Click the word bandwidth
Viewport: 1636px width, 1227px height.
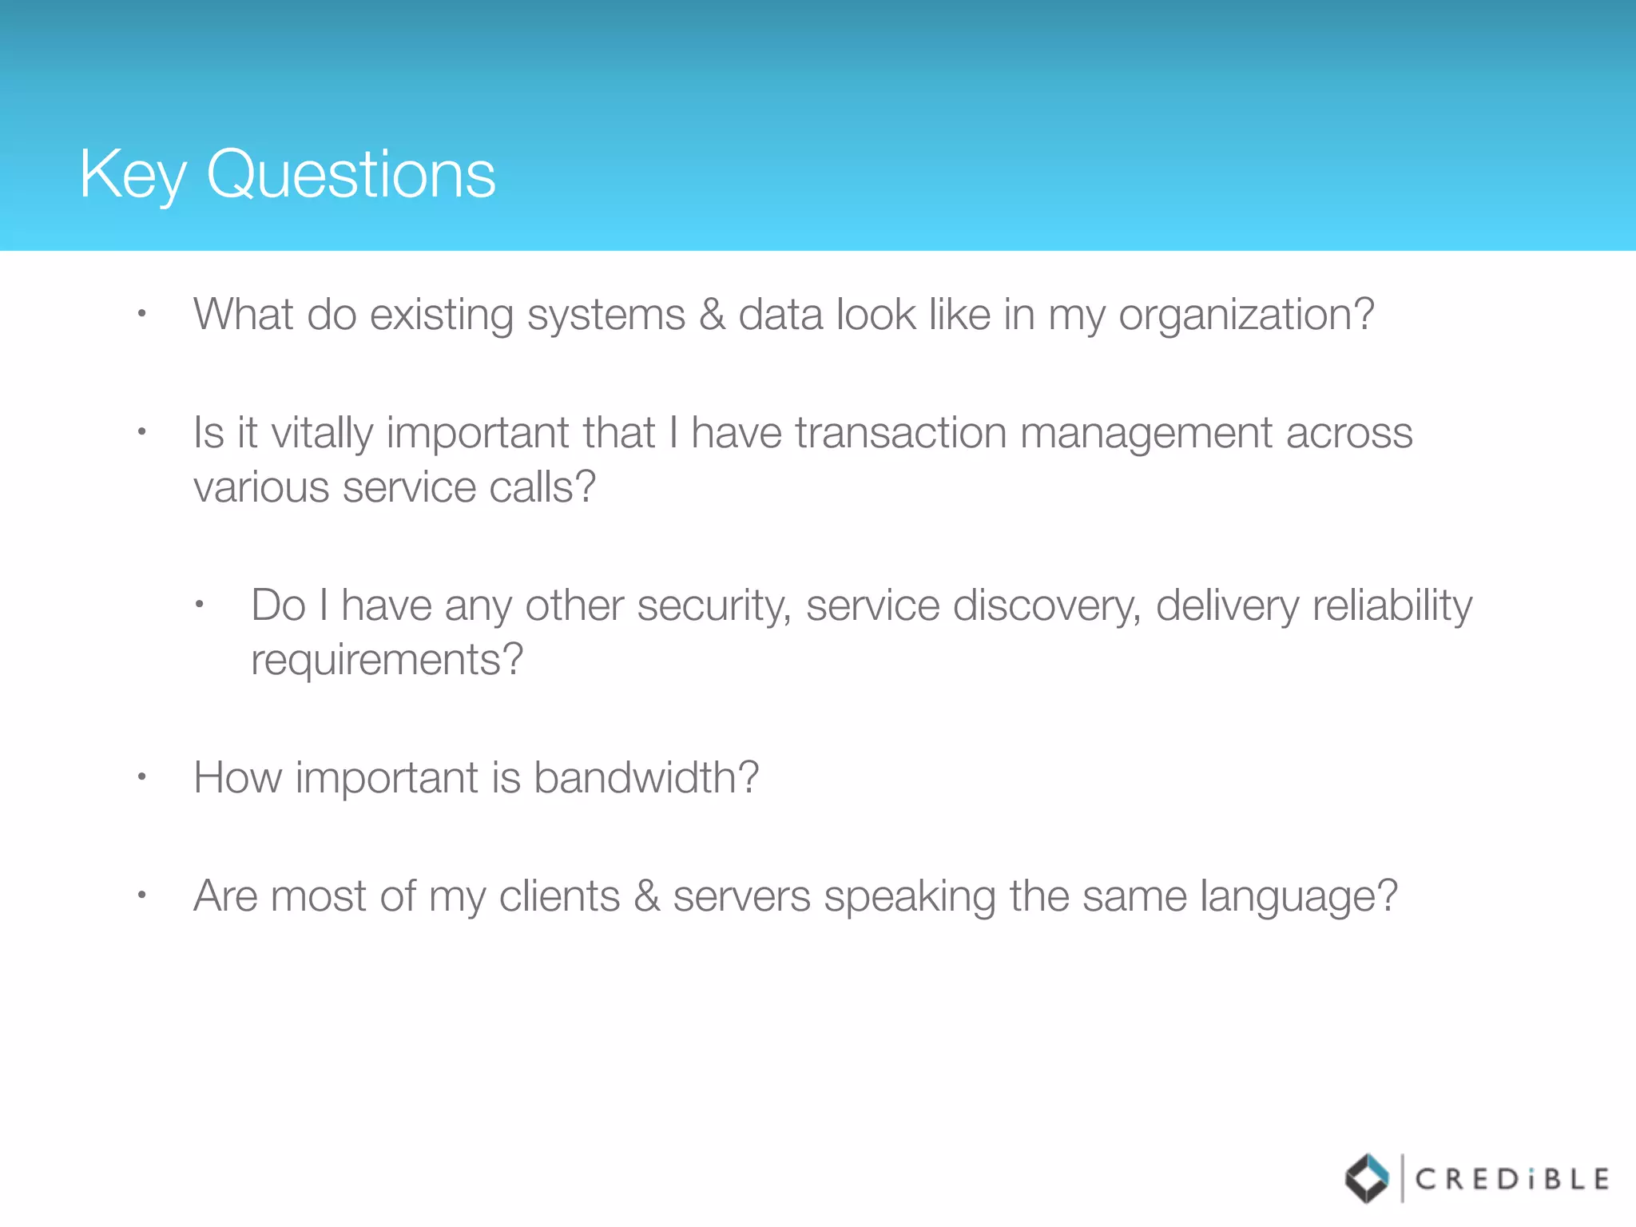pyautogui.click(x=645, y=777)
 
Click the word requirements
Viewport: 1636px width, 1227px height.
pyautogui.click(x=387, y=661)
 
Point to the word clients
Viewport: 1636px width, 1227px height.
pyautogui.click(x=559, y=895)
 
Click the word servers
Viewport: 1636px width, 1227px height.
pyautogui.click(x=741, y=895)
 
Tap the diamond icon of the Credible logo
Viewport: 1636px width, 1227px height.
pyautogui.click(x=1367, y=1178)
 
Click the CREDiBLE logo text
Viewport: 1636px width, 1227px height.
pyautogui.click(x=1512, y=1179)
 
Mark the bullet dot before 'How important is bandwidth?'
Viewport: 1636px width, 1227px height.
pyautogui.click(x=141, y=776)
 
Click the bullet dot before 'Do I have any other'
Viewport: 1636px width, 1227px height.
pyautogui.click(x=199, y=605)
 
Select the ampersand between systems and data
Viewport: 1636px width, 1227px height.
pyautogui.click(x=712, y=314)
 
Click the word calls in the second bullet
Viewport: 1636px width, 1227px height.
pyautogui.click(x=542, y=487)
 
